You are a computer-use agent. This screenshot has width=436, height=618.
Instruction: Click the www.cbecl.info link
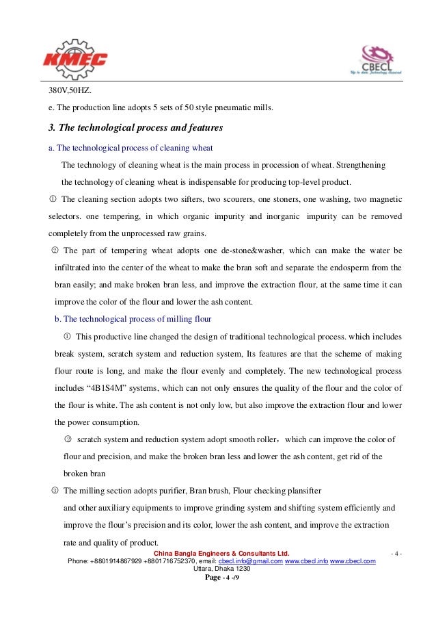click(x=305, y=561)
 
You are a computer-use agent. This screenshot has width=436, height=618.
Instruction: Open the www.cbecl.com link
click(x=353, y=561)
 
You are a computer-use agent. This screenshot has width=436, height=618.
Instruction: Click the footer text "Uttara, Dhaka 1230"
click(x=222, y=569)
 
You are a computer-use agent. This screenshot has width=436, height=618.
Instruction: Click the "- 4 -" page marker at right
click(x=396, y=553)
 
